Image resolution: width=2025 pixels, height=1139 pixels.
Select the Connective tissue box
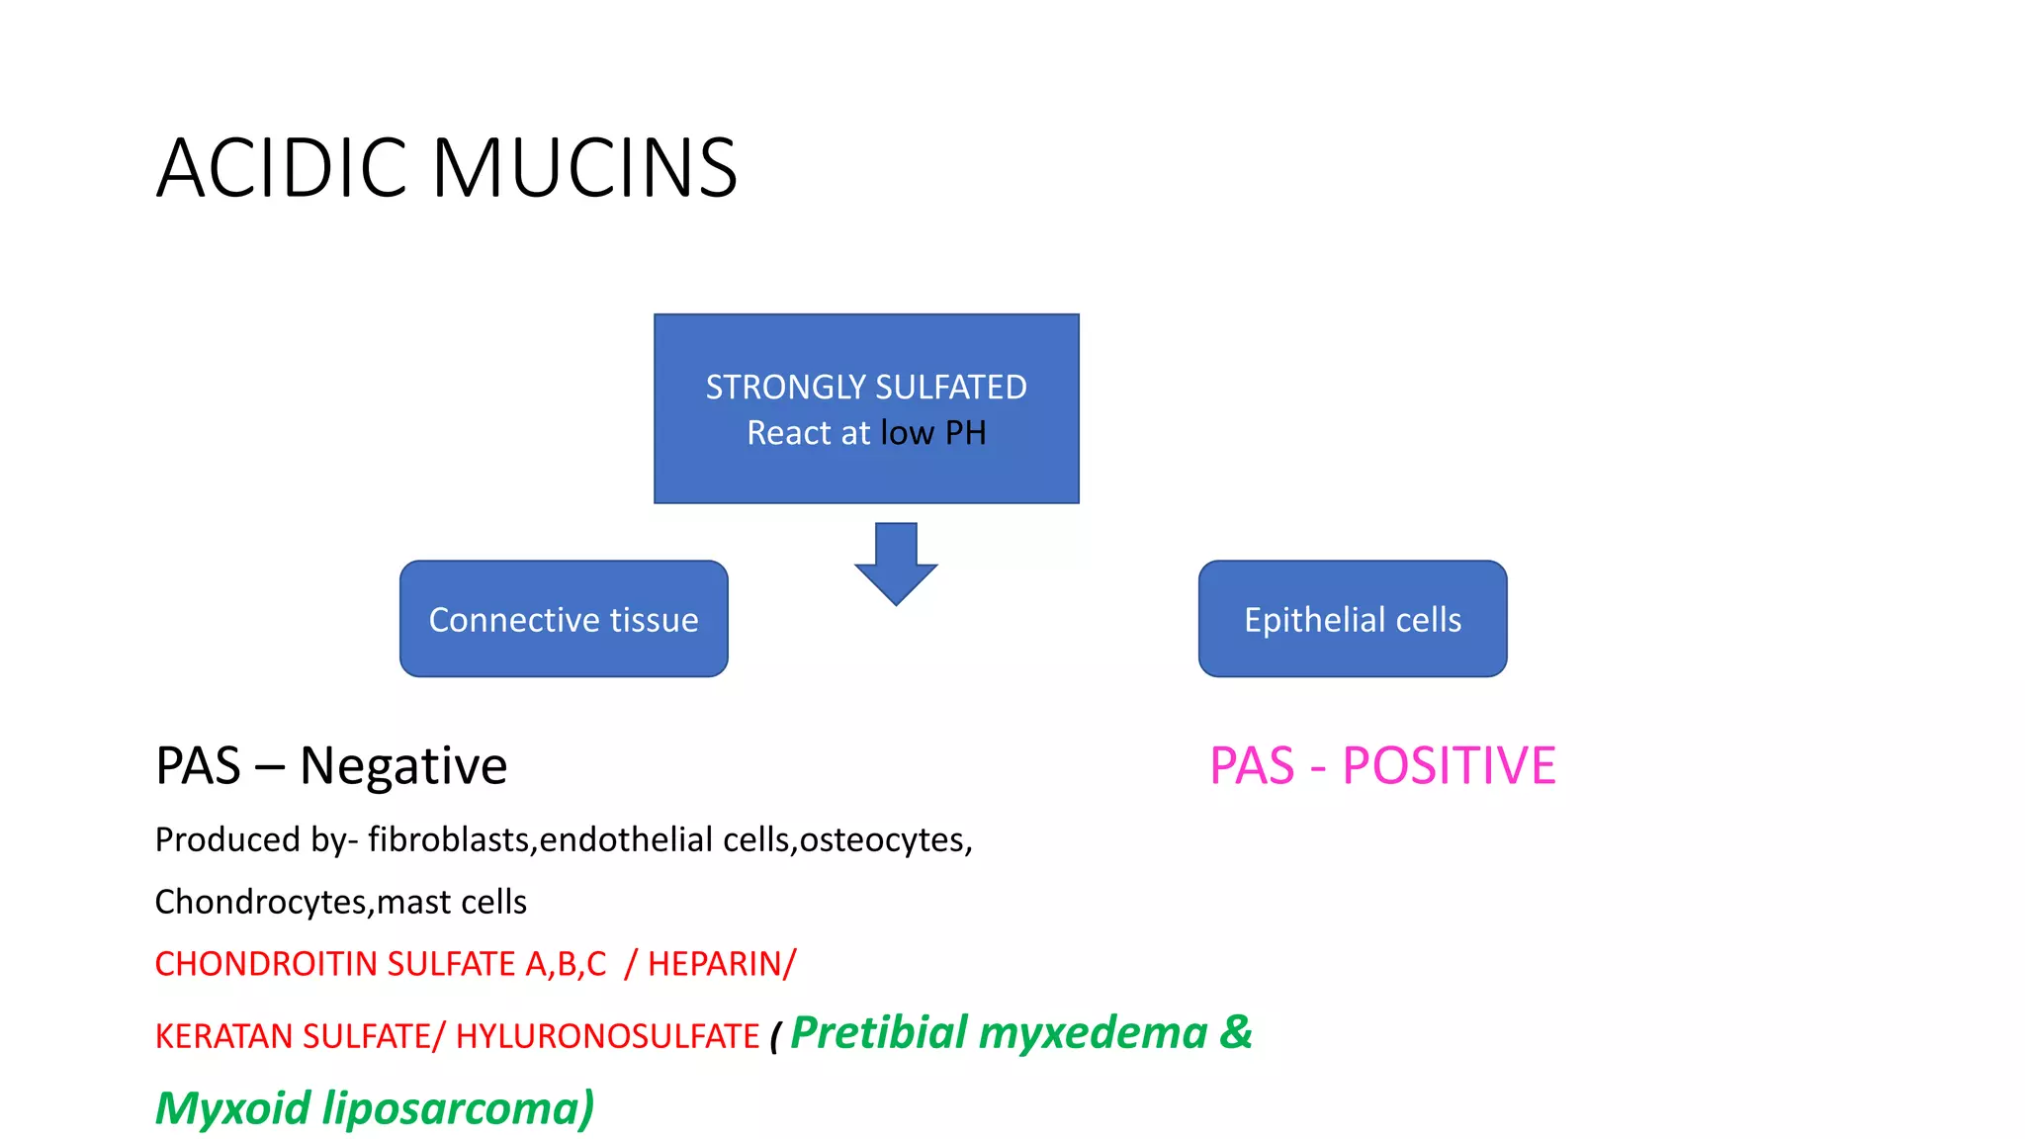point(564,619)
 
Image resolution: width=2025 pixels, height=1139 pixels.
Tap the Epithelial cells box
point(1352,619)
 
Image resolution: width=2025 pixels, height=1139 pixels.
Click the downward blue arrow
point(896,564)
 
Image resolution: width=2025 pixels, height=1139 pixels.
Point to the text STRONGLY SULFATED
point(866,387)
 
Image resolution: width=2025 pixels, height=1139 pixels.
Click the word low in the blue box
point(907,433)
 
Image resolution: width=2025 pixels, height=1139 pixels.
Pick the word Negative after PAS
point(403,766)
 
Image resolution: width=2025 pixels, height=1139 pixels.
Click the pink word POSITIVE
point(1449,766)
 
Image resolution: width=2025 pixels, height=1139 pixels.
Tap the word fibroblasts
point(451,839)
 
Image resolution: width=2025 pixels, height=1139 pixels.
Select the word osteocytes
point(882,839)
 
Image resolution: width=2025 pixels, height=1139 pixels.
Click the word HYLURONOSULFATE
point(607,1036)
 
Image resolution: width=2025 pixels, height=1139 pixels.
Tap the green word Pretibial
point(878,1033)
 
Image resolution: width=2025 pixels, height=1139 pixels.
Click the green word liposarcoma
point(458,1108)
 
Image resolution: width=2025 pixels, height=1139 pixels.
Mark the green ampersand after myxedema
point(1236,1033)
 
